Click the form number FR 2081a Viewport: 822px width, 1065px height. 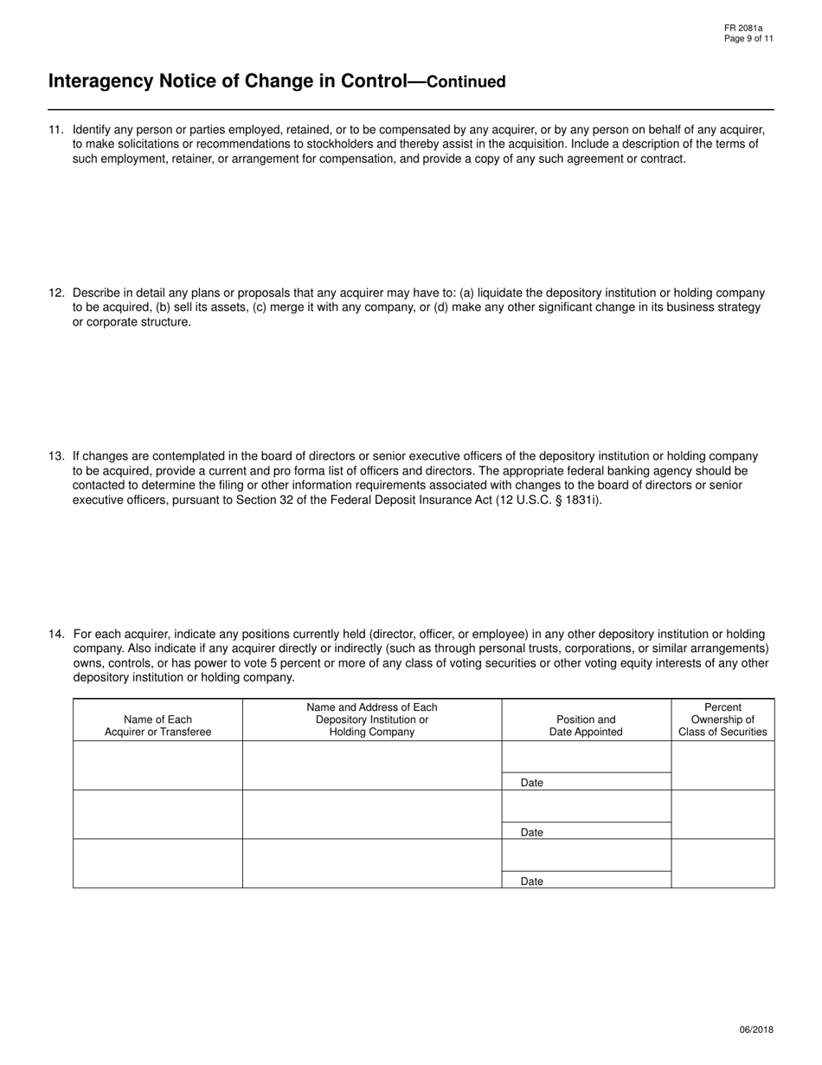pos(743,29)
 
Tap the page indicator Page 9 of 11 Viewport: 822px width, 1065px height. pos(748,39)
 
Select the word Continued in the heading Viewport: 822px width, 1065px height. pos(466,82)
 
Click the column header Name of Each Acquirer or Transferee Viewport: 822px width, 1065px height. pos(157,726)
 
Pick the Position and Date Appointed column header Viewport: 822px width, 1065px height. pos(586,726)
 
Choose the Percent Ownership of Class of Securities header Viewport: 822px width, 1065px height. pos(722,720)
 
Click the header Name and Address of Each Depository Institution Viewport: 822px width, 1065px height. pos(372,720)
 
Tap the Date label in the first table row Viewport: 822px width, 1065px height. pos(532,783)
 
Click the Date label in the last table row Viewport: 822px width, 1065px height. pos(532,881)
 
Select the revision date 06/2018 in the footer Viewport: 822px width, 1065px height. pos(756,1029)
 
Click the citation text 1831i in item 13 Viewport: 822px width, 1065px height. pos(580,500)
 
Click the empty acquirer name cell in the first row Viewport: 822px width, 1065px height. pos(157,765)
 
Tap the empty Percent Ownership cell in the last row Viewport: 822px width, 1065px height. pos(722,863)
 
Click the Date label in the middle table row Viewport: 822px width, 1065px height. pos(532,832)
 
